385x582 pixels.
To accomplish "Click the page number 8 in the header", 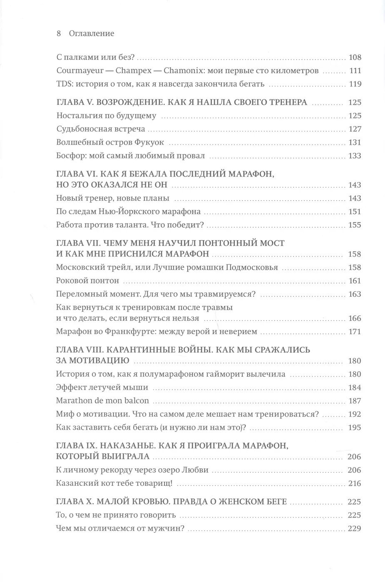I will [x=59, y=34].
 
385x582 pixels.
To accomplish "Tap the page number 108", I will [x=355, y=57].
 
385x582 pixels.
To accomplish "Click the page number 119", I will [x=355, y=84].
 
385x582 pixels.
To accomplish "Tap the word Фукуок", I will [x=149, y=142].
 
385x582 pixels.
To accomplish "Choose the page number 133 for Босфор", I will [x=355, y=156].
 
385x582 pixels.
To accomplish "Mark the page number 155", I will [x=355, y=225].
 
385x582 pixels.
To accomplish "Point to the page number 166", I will [x=355, y=318].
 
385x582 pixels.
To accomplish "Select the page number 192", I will [x=355, y=414].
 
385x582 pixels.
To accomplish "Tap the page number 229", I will [x=355, y=529].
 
